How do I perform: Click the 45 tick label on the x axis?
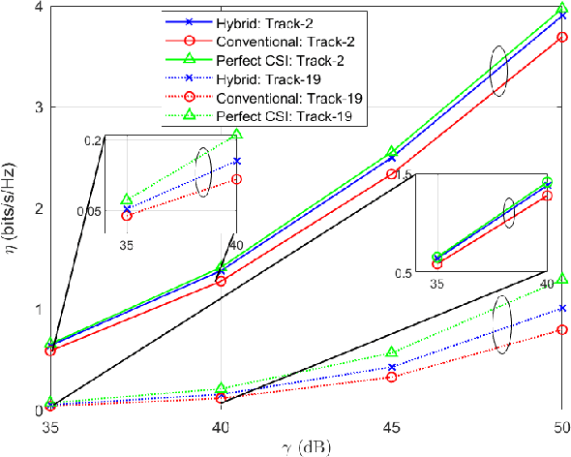[391, 427]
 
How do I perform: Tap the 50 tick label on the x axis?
[558, 427]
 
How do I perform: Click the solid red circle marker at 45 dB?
[391, 174]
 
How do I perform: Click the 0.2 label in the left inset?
[92, 141]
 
